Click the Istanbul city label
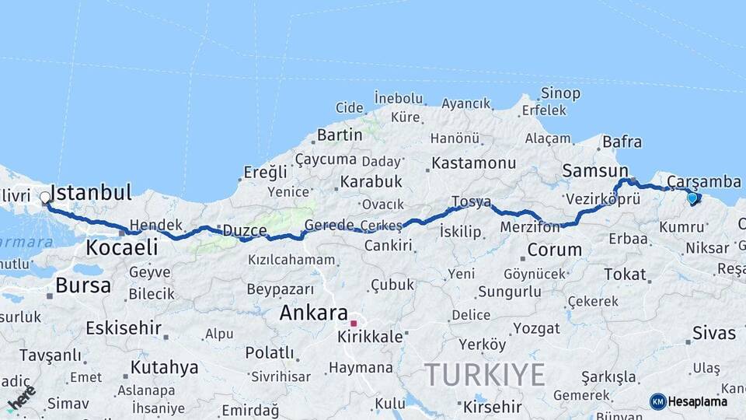[90, 192]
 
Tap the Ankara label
[313, 313]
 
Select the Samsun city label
[595, 170]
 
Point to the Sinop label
[560, 93]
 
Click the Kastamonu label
[474, 163]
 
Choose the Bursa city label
[83, 285]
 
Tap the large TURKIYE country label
[485, 376]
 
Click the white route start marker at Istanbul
[45, 198]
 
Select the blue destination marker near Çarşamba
[692, 198]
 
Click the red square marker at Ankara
[354, 323]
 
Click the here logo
[21, 398]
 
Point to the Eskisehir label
[123, 327]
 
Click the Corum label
[554, 250]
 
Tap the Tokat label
[625, 274]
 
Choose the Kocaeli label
[122, 248]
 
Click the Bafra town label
[622, 142]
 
